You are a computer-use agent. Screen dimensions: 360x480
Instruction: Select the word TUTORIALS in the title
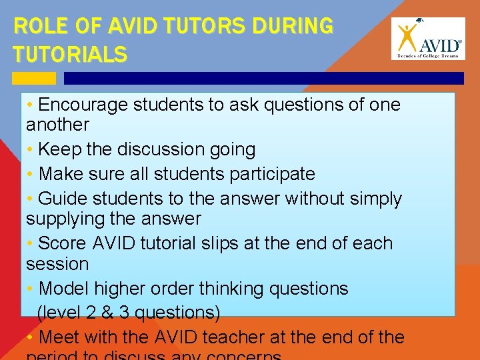[x=70, y=54]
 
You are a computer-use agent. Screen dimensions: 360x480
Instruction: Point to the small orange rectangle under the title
[x=34, y=78]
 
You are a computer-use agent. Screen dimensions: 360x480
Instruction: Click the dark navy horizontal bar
[x=263, y=78]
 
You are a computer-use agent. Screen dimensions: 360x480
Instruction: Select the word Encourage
[x=84, y=105]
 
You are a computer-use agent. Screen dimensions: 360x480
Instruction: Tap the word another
[x=57, y=125]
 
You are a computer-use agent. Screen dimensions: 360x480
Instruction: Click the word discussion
[x=152, y=149]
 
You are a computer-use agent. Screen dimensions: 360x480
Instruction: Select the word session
[x=57, y=264]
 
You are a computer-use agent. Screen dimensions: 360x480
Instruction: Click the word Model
[x=65, y=289]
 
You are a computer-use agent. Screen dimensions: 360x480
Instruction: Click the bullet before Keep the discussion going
[x=31, y=150]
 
